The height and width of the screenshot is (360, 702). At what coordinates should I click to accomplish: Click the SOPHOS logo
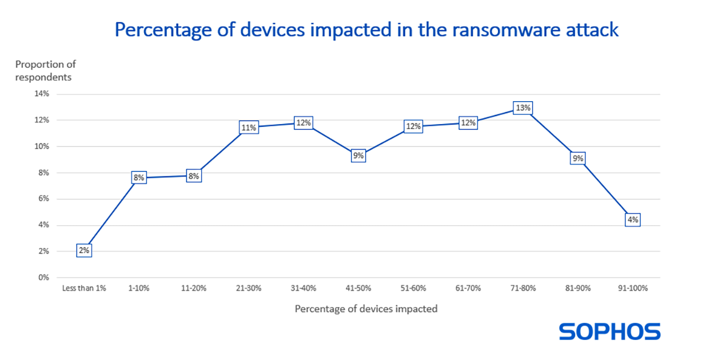pyautogui.click(x=609, y=332)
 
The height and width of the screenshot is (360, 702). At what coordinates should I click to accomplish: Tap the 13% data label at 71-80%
pyautogui.click(x=522, y=108)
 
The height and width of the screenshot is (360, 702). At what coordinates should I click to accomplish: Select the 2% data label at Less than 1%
pyautogui.click(x=83, y=250)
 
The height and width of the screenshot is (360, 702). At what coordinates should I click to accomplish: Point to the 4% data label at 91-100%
pyautogui.click(x=632, y=219)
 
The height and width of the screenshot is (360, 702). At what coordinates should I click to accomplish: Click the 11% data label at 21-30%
pyautogui.click(x=248, y=127)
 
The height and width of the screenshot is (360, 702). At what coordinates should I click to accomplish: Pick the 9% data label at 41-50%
pyautogui.click(x=358, y=155)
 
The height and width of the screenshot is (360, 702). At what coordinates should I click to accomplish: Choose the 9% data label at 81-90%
pyautogui.click(x=577, y=158)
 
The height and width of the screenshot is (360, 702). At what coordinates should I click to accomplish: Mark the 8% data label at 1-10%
pyautogui.click(x=138, y=178)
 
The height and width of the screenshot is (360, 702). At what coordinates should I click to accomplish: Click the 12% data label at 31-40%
pyautogui.click(x=303, y=123)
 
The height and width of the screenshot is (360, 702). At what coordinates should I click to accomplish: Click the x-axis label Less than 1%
pyautogui.click(x=84, y=289)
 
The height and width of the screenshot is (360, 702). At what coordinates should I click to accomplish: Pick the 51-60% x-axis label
pyautogui.click(x=413, y=289)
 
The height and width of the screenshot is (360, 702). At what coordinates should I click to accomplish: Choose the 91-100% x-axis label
pyautogui.click(x=632, y=289)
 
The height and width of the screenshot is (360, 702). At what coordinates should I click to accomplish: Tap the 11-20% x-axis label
pyautogui.click(x=193, y=289)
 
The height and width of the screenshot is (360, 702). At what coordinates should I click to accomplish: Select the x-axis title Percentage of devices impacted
pyautogui.click(x=366, y=309)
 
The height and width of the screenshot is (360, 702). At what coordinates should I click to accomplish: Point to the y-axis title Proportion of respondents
pyautogui.click(x=45, y=70)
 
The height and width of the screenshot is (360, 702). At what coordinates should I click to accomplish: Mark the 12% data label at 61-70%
pyautogui.click(x=468, y=123)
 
